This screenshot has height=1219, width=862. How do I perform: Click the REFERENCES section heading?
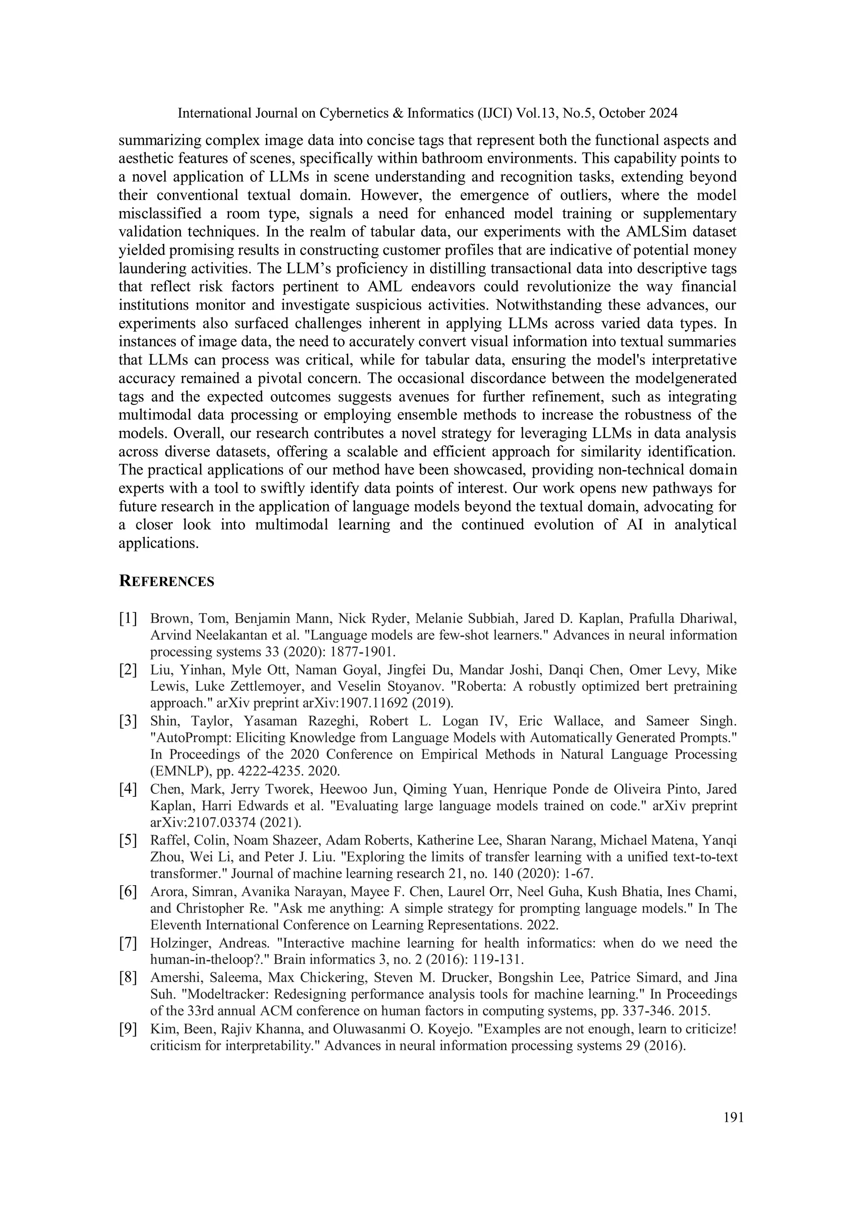pos(167,581)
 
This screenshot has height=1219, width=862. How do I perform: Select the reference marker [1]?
pos(128,618)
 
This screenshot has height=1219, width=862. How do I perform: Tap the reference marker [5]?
pos(128,840)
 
